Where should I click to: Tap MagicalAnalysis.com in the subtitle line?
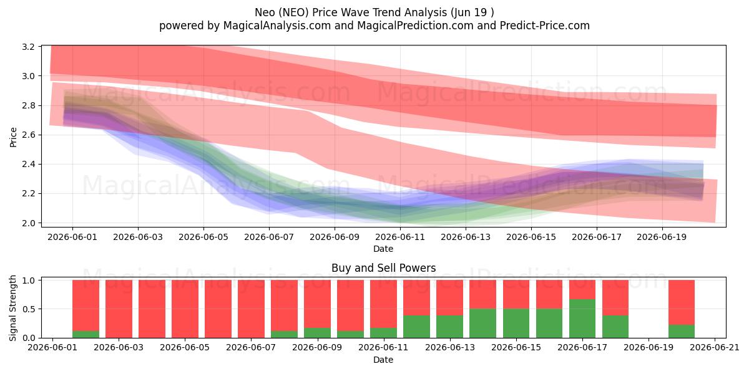277,26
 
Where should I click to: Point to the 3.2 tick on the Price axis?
29,47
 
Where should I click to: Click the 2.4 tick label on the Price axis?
29,165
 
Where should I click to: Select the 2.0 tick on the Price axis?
29,223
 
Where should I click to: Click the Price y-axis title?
13,137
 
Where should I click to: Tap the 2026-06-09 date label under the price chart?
335,237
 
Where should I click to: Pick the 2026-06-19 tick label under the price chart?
662,237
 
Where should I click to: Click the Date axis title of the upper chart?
383,249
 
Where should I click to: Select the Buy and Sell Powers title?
383,268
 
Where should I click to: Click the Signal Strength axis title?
12,308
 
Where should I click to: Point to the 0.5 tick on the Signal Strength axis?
29,309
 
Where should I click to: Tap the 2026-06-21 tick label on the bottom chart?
715,348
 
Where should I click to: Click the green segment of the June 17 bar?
582,319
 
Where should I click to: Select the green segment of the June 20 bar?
682,331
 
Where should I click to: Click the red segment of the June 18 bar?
615,297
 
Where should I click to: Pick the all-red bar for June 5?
185,309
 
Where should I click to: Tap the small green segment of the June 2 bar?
86,334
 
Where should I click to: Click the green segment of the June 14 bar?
483,324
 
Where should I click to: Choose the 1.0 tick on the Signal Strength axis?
29,280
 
